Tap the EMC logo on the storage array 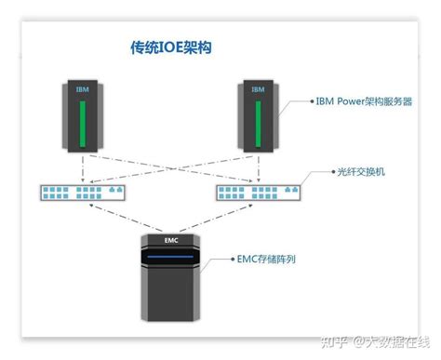170,240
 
